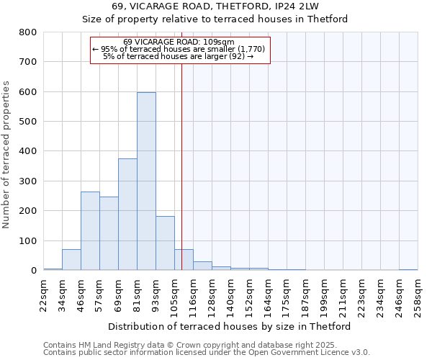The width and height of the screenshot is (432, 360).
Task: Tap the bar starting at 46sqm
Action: (x=90, y=231)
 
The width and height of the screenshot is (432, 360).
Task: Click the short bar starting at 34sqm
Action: (x=71, y=260)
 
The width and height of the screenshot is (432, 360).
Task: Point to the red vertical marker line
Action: (x=182, y=166)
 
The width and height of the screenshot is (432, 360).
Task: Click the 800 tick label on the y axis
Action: (x=27, y=32)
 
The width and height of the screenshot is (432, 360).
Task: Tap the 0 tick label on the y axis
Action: (x=33, y=271)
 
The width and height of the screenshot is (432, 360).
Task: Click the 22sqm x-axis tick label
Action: (x=44, y=293)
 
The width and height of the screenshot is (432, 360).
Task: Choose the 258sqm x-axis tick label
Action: (x=418, y=293)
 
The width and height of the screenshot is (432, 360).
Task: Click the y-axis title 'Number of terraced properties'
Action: (x=6, y=154)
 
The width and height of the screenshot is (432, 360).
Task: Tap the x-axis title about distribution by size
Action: (x=230, y=327)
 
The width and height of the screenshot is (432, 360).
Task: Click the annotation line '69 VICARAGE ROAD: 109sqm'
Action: (x=179, y=42)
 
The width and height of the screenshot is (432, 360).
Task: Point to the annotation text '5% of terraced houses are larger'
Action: (x=179, y=56)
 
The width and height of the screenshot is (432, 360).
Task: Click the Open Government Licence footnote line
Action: (x=207, y=353)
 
